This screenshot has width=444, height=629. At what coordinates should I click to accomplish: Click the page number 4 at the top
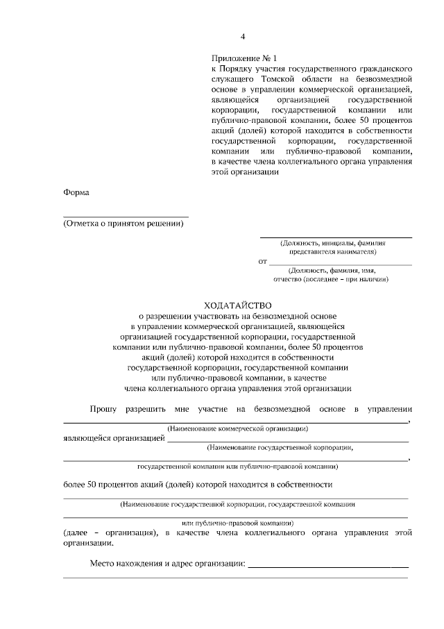click(242, 37)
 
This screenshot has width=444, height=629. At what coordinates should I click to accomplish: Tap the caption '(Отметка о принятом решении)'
click(126, 224)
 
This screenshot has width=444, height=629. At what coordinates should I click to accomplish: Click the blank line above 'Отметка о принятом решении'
click(126, 217)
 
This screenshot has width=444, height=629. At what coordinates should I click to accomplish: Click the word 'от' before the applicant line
click(262, 262)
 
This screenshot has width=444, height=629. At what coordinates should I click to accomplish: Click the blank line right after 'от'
click(339, 264)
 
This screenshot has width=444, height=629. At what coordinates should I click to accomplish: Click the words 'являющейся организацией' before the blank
click(114, 438)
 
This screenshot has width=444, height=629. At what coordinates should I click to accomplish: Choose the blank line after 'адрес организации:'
click(328, 566)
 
